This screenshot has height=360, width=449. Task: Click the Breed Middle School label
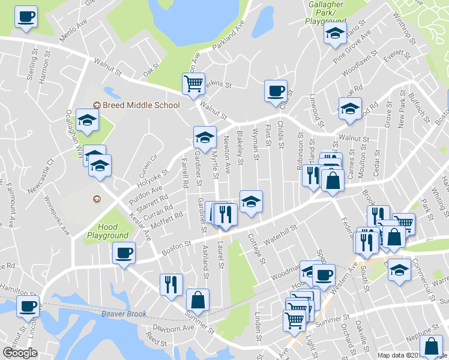click(x=141, y=106)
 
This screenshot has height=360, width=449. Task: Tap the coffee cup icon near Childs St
click(x=276, y=91)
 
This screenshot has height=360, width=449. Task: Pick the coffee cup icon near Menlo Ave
click(x=25, y=16)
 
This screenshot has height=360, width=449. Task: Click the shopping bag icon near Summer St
click(x=197, y=299)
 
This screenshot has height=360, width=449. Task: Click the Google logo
click(x=20, y=353)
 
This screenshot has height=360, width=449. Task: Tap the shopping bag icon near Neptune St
click(x=432, y=347)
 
